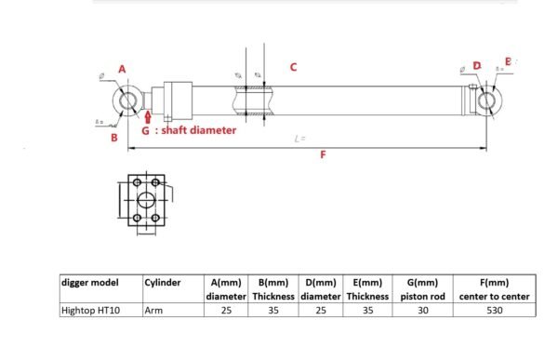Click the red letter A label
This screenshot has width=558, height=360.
pyautogui.click(x=122, y=69)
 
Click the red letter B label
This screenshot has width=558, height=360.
pyautogui.click(x=113, y=139)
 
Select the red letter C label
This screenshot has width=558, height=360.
pyautogui.click(x=293, y=67)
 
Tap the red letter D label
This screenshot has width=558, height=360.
pyautogui.click(x=476, y=66)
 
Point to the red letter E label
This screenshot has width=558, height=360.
pyautogui.click(x=507, y=61)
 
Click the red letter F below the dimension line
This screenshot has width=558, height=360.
pyautogui.click(x=323, y=155)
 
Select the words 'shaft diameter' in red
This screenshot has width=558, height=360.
pyautogui.click(x=198, y=131)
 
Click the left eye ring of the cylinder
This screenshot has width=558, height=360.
pyautogui.click(x=128, y=100)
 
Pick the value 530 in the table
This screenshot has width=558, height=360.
pyautogui.click(x=493, y=311)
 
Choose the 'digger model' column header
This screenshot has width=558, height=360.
pyautogui.click(x=87, y=282)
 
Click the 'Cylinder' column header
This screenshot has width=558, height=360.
pyautogui.click(x=162, y=282)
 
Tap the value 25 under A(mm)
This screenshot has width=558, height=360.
pyautogui.click(x=225, y=311)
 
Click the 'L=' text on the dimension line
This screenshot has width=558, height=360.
pyautogui.click(x=299, y=139)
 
